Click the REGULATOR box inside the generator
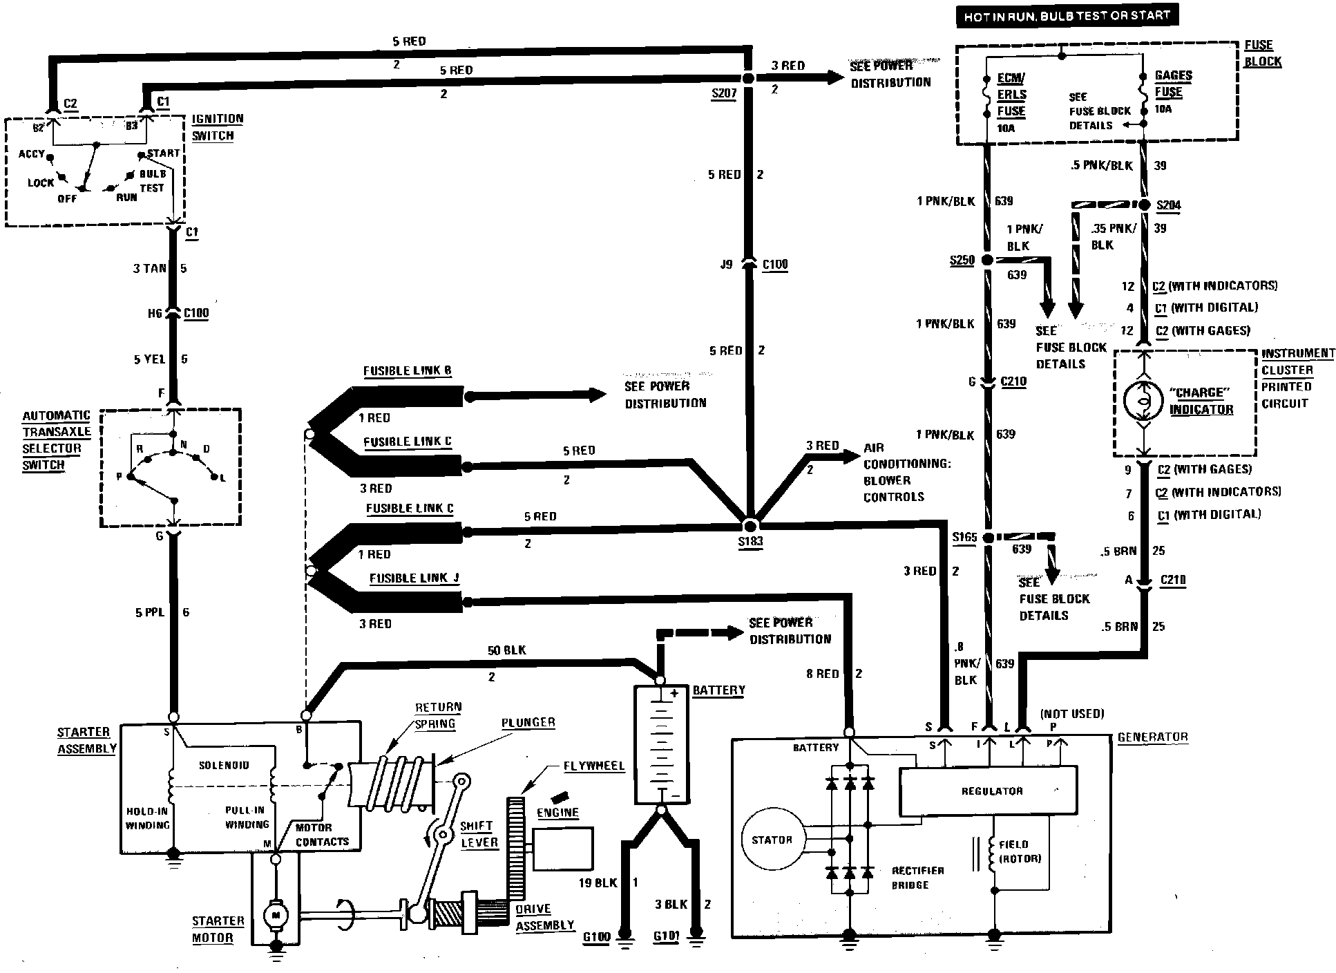[988, 791]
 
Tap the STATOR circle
[772, 840]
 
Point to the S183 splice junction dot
[750, 526]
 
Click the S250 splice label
[962, 261]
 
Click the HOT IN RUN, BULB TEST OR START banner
[1067, 15]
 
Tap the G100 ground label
[597, 937]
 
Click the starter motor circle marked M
[276, 916]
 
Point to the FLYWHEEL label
[593, 766]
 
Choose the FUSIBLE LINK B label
[407, 371]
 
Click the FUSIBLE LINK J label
[414, 578]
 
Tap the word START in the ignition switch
[164, 153]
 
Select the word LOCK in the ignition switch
[41, 183]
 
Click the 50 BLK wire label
[506, 650]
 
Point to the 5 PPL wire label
[149, 612]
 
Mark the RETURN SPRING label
[437, 715]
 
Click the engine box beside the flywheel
[563, 848]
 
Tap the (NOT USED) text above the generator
[1072, 713]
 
